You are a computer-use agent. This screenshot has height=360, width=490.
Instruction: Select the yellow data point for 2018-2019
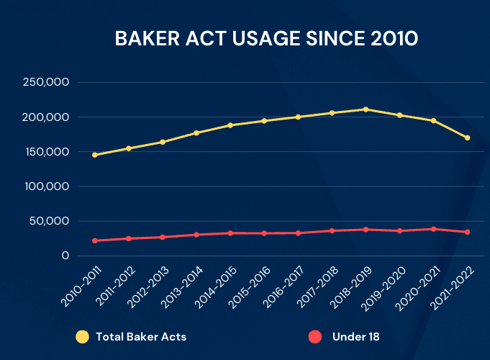tap(366, 109)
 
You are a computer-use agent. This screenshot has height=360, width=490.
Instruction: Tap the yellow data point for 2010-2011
tap(95, 155)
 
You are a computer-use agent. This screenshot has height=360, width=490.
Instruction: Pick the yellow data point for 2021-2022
tap(468, 138)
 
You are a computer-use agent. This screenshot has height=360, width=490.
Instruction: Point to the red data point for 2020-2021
tap(434, 229)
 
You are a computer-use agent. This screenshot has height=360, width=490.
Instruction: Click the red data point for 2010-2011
tap(95, 240)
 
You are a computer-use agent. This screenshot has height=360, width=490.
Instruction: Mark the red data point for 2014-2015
tap(230, 233)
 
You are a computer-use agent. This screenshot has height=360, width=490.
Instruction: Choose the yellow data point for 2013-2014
tap(196, 133)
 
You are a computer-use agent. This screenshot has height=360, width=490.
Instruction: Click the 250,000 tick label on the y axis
tap(46, 83)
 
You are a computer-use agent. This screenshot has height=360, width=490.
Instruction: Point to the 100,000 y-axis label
tap(46, 186)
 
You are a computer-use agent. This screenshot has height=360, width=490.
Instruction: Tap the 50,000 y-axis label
tap(49, 221)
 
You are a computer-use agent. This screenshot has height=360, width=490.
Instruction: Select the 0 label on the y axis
tap(65, 256)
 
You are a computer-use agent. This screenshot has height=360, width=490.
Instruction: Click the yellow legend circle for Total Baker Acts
tap(82, 336)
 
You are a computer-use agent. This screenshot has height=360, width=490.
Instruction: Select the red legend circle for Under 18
tap(314, 336)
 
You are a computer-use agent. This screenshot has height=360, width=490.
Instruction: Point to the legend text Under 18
tap(355, 336)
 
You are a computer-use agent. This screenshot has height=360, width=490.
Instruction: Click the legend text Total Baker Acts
tap(141, 336)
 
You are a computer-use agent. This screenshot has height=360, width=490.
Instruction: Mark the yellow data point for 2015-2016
tap(264, 121)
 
